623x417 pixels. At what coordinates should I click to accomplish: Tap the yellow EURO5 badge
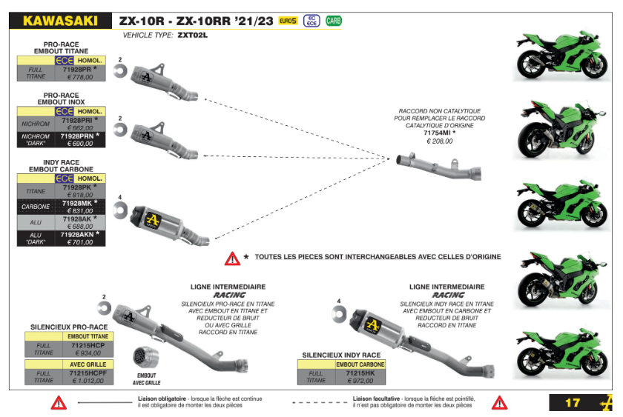click(288, 21)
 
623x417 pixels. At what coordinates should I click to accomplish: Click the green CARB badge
click(334, 21)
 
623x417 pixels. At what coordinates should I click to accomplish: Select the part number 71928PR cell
click(77, 69)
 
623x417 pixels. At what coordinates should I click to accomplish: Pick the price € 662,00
click(79, 127)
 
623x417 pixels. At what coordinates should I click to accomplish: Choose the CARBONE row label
click(36, 207)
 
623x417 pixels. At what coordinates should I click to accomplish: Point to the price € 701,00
click(79, 242)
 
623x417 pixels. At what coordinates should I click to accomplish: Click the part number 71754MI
click(438, 133)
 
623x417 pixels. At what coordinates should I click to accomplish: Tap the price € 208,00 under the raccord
click(438, 141)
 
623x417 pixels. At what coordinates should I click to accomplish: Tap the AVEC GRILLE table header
click(89, 364)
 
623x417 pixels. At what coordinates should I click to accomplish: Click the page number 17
click(572, 403)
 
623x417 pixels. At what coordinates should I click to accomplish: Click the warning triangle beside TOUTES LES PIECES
click(233, 258)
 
